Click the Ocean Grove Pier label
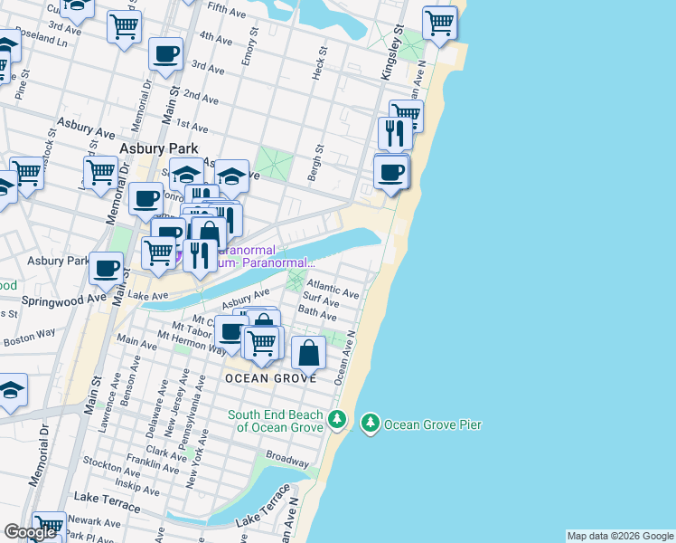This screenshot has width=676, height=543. tap(433, 424)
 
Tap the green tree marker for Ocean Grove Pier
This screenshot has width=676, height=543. tap(370, 423)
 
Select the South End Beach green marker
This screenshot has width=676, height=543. tap(337, 419)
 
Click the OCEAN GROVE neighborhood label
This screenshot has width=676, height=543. tap(271, 378)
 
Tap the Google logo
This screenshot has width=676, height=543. tap(30, 532)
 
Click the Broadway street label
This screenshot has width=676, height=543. tap(287, 459)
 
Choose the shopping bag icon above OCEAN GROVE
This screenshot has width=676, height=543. tap(309, 353)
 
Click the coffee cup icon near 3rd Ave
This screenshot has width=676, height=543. tap(165, 54)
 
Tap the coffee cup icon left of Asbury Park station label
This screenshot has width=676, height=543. tap(107, 268)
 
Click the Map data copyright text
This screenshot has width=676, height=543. tap(619, 536)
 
